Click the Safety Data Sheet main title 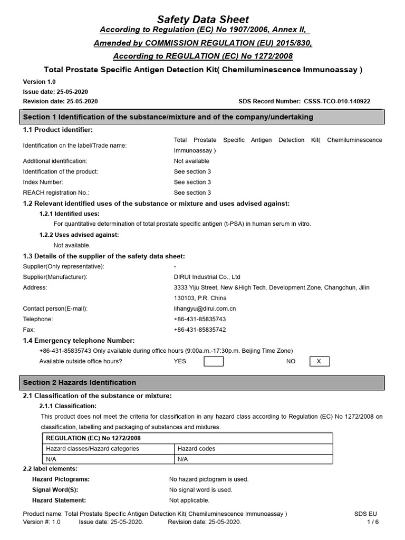click(202, 20)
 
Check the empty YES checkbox click(214, 361)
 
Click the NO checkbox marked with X click(319, 361)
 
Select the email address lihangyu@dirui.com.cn click(205, 308)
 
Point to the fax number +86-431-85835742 click(200, 330)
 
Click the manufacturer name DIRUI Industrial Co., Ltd click(207, 277)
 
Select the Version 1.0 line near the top click(39, 82)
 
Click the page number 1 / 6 click(372, 522)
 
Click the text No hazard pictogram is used click(208, 479)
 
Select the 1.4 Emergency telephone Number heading click(79, 340)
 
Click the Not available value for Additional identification click(191, 161)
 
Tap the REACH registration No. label click(56, 192)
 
